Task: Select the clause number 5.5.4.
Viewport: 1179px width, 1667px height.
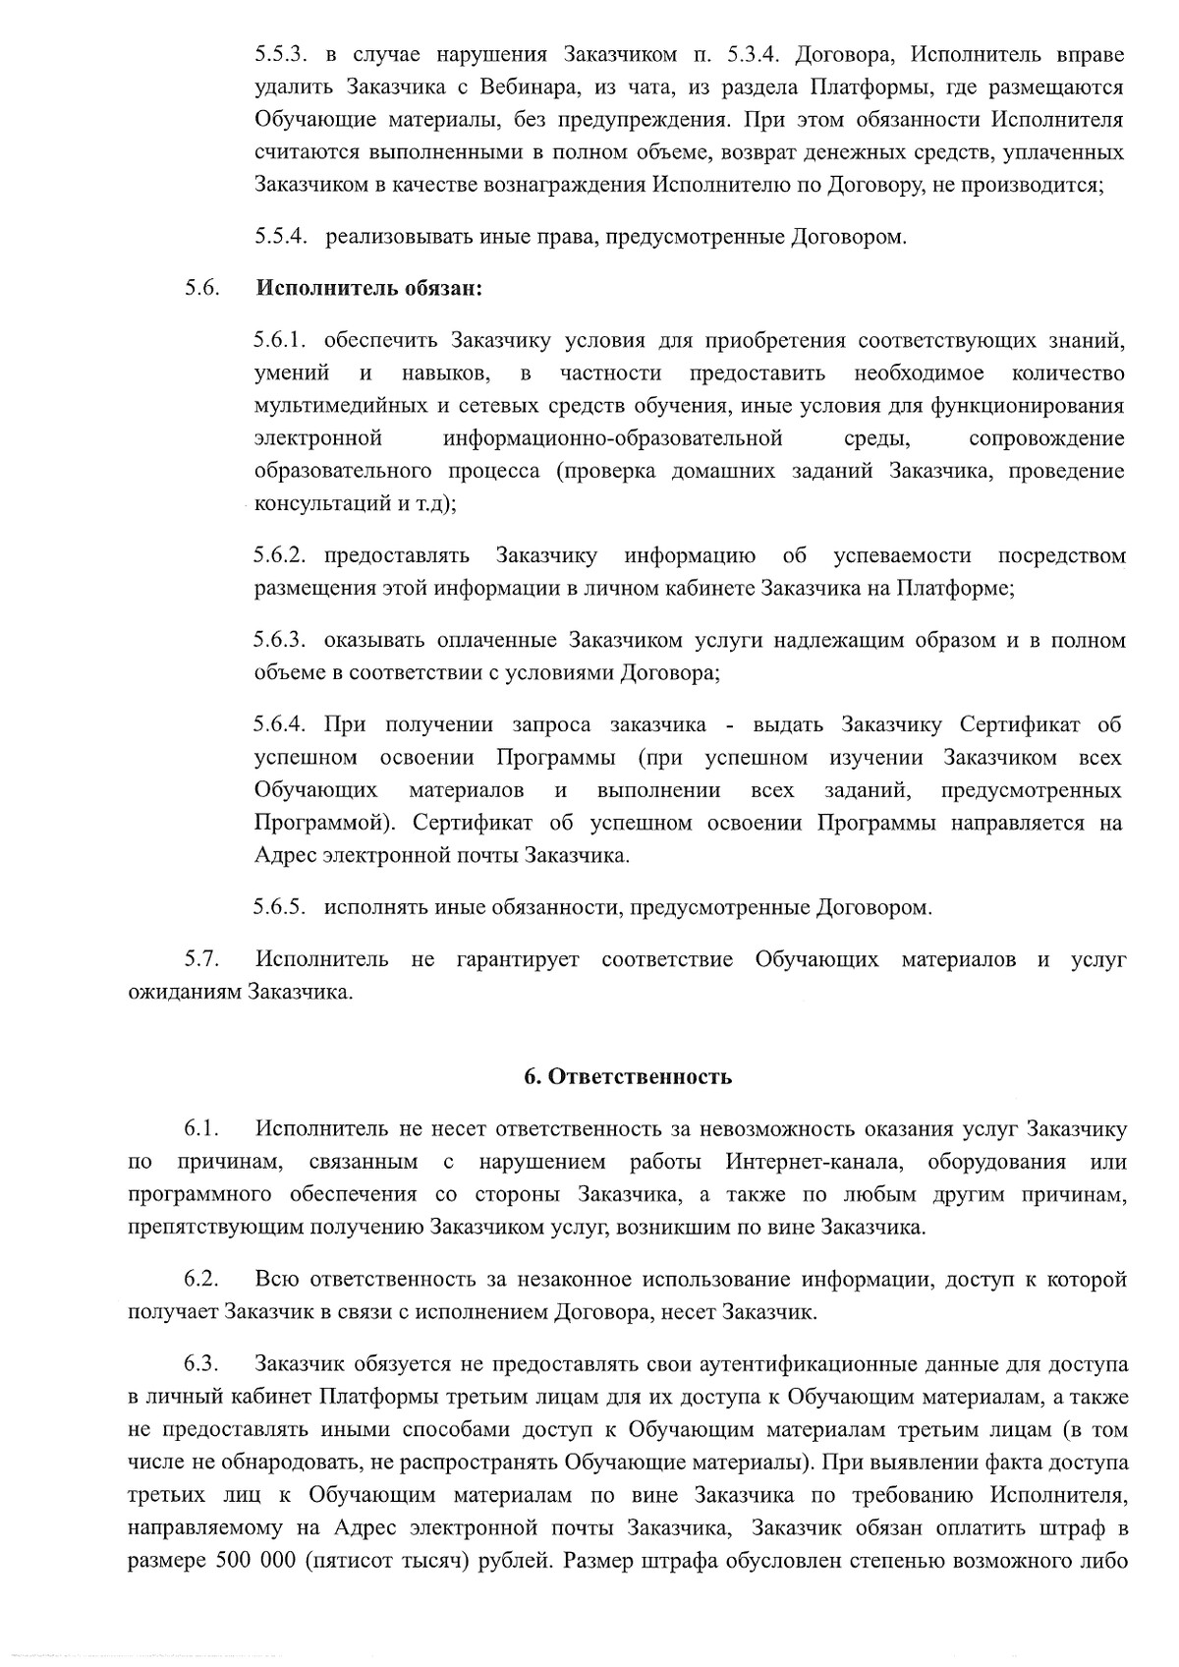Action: click(281, 237)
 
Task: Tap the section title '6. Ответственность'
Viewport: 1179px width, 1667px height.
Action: click(628, 1076)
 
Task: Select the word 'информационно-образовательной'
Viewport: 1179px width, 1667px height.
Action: click(612, 437)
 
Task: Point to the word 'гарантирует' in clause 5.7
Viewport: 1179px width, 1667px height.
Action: click(518, 958)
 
